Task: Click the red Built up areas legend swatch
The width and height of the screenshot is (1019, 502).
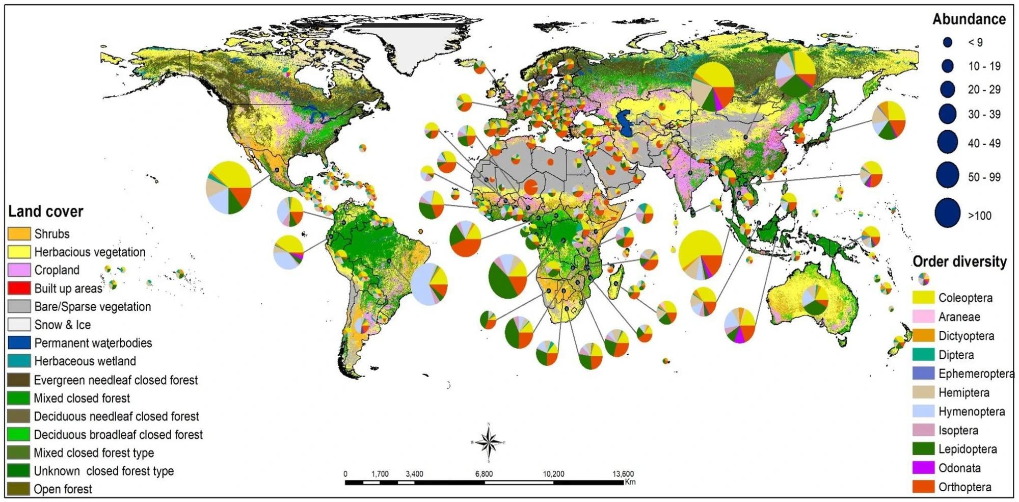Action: pos(19,288)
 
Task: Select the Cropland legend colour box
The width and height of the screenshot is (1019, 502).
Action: pos(19,270)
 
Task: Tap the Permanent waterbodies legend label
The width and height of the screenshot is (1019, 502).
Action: pos(93,343)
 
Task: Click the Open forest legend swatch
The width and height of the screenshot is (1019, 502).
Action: pos(19,489)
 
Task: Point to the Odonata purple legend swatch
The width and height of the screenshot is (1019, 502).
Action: pos(923,468)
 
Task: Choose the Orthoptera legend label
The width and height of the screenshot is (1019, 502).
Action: pos(964,487)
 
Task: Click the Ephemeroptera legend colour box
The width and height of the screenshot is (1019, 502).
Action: pos(923,374)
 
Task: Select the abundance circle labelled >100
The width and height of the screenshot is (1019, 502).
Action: pos(947,214)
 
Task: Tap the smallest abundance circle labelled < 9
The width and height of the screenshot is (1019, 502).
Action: pos(947,42)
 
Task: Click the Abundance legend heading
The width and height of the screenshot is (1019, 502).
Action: pos(969,19)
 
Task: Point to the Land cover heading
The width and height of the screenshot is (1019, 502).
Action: pos(45,212)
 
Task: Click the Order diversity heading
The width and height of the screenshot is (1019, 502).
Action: pos(959,262)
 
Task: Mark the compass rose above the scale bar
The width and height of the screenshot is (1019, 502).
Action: pos(488,442)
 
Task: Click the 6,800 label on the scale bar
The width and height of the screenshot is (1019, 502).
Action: pos(484,474)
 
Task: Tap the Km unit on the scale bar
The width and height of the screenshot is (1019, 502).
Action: pos(630,482)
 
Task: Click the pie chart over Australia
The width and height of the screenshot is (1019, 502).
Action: pos(815,300)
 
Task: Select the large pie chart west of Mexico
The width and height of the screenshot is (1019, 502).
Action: pos(229,188)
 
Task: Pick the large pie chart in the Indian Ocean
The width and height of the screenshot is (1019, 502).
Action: pos(701,255)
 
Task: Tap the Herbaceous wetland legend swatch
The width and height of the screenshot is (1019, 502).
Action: pos(19,361)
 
